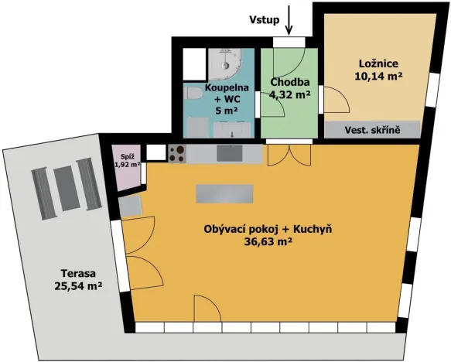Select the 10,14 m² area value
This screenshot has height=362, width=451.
tap(377, 77)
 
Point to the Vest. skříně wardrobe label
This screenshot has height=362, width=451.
tap(372, 131)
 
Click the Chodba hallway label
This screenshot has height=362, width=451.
tap(289, 82)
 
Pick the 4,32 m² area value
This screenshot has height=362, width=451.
tap(289, 95)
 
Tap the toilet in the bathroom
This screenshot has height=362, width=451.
tap(195, 93)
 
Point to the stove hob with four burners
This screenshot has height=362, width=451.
tap(177, 154)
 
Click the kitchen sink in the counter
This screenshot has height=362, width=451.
tap(229, 153)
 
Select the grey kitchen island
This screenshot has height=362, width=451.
tap(225, 193)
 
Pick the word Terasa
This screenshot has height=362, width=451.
tap(80, 271)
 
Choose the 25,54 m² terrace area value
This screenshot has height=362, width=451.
tap(80, 286)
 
